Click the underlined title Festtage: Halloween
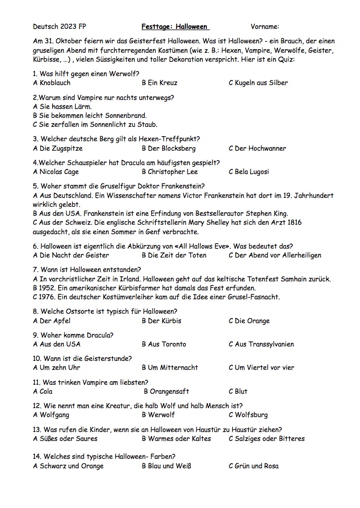175,27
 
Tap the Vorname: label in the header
265,27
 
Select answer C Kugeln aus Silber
258,83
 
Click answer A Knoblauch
52,83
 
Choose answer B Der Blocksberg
169,148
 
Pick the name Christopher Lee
173,172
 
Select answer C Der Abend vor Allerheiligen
275,255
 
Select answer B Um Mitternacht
170,368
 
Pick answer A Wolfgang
51,415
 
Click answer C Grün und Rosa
253,466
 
